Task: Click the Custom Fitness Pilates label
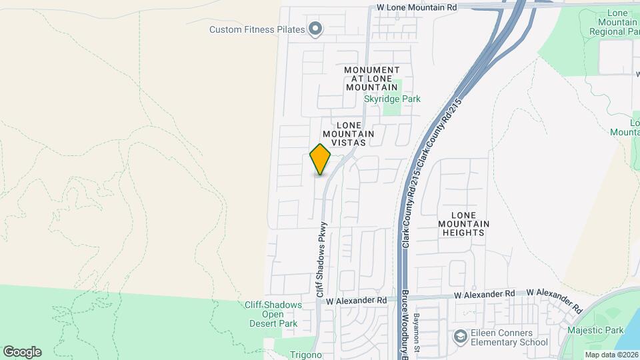pyautogui.click(x=257, y=29)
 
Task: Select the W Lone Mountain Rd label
pyautogui.click(x=417, y=7)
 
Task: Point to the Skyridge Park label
pyautogui.click(x=392, y=99)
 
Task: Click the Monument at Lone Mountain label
pyautogui.click(x=372, y=78)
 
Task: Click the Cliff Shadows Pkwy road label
pyautogui.click(x=321, y=259)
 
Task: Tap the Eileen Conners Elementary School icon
pyautogui.click(x=460, y=337)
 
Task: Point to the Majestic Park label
pyautogui.click(x=595, y=330)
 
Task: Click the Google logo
pyautogui.click(x=22, y=352)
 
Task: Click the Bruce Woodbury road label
pyautogui.click(x=404, y=327)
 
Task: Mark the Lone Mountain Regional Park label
pyautogui.click(x=627, y=22)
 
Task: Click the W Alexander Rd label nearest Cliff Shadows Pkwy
pyautogui.click(x=356, y=301)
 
